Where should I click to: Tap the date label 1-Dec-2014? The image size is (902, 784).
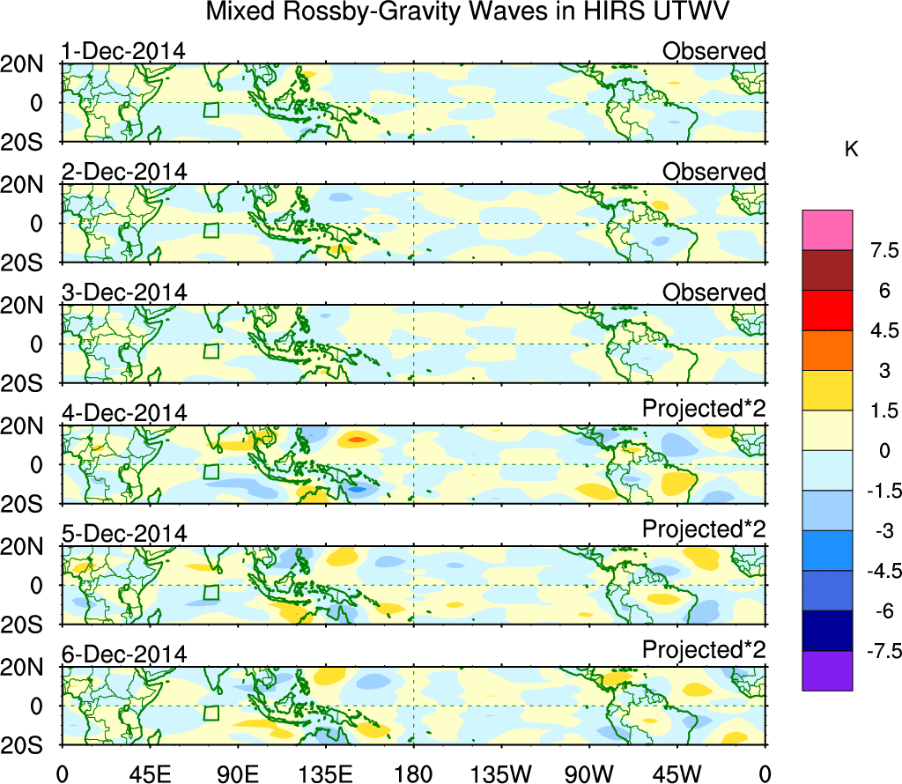click(123, 51)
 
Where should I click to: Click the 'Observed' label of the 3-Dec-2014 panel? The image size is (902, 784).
click(714, 292)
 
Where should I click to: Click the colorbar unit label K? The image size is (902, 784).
click(851, 150)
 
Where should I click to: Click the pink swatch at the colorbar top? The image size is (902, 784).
click(827, 230)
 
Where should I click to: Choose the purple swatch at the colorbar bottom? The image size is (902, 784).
click(827, 670)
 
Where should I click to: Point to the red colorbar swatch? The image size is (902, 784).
click(827, 310)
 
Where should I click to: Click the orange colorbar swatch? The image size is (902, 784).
click(827, 351)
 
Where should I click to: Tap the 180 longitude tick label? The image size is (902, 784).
click(414, 773)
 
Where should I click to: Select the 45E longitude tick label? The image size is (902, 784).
click(150, 773)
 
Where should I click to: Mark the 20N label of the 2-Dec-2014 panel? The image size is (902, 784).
click(28, 185)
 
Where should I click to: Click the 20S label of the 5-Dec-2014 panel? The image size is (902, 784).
click(28, 625)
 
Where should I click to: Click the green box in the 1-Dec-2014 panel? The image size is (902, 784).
click(211, 109)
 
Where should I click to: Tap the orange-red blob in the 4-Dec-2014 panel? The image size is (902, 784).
click(357, 439)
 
